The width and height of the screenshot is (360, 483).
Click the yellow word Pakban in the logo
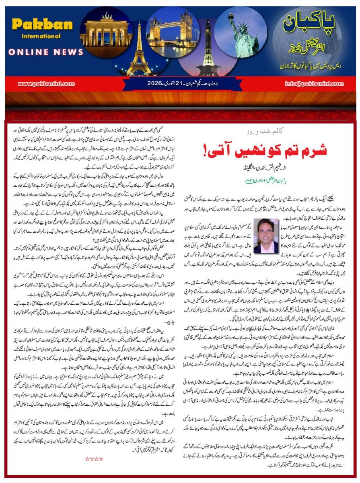click(36, 25)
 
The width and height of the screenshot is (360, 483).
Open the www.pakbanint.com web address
click(47, 84)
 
